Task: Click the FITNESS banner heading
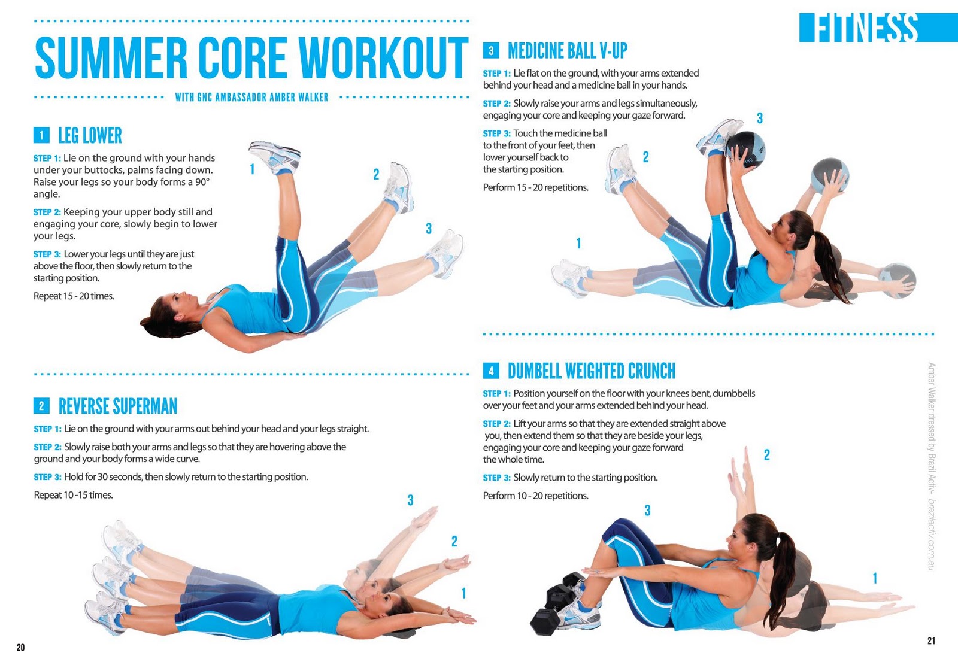click(x=868, y=28)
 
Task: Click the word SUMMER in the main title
click(x=111, y=57)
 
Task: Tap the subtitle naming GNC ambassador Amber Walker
click(x=251, y=98)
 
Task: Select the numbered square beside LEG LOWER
click(x=41, y=135)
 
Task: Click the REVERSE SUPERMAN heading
click(x=117, y=406)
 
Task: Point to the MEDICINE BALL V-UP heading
click(x=568, y=51)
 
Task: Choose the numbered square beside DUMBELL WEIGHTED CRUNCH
click(x=491, y=371)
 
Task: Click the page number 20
click(x=20, y=648)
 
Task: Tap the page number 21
click(x=931, y=640)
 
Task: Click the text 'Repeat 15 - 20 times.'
click(x=74, y=296)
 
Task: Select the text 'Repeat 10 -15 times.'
click(x=73, y=495)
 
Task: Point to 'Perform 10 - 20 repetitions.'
click(x=535, y=496)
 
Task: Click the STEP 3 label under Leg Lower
click(x=47, y=254)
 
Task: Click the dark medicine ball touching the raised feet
click(x=746, y=150)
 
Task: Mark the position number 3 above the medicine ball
click(x=760, y=118)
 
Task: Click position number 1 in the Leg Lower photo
click(x=252, y=169)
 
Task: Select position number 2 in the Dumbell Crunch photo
click(x=767, y=454)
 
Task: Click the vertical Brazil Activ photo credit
click(x=932, y=466)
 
